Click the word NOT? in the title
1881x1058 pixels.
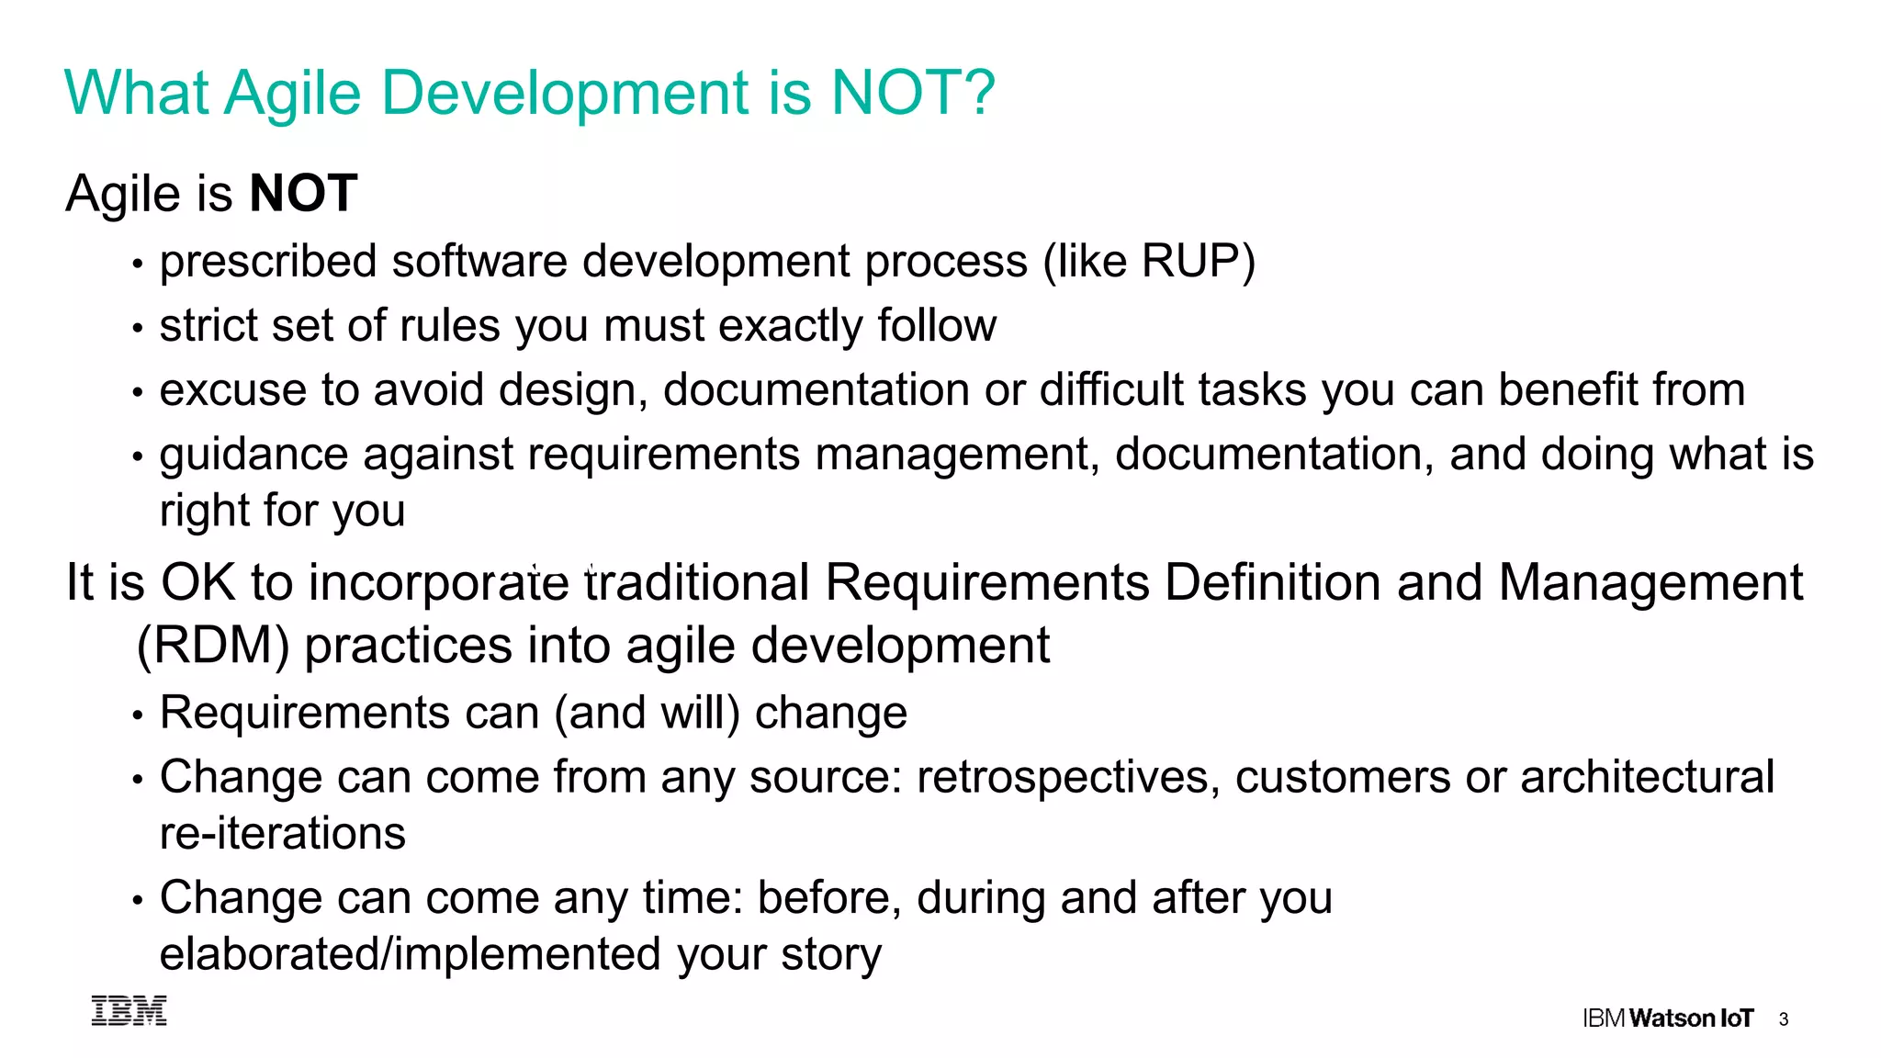912,93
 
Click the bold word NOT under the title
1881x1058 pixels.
303,194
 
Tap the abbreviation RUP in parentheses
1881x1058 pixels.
1191,262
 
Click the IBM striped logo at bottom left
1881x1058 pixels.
130,1010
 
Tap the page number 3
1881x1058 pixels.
1783,1019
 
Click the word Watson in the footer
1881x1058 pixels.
1672,1019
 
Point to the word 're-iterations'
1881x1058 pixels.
282,834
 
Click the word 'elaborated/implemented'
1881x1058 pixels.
411,954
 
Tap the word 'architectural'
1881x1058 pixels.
1647,778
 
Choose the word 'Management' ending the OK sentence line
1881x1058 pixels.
1650,583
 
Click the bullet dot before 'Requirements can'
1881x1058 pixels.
138,715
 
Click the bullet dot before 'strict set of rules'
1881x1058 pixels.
138,328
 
